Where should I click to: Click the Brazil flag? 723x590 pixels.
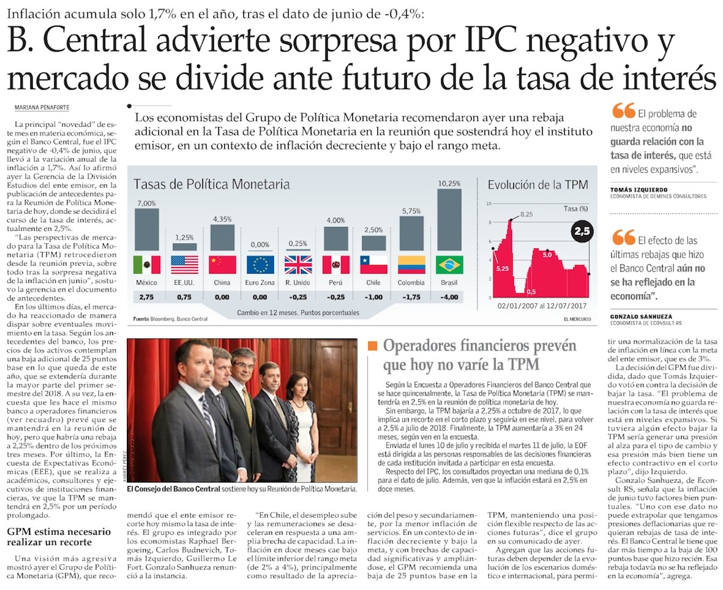pyautogui.click(x=450, y=264)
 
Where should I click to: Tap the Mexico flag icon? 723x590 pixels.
pyautogui.click(x=147, y=264)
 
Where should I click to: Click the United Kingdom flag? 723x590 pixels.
pyautogui.click(x=298, y=264)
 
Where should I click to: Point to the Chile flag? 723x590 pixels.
pyautogui.click(x=374, y=264)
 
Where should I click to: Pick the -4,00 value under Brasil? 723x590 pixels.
pyautogui.click(x=450, y=297)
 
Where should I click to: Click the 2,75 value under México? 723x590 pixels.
pyautogui.click(x=147, y=297)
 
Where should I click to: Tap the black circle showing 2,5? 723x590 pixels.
pyautogui.click(x=581, y=232)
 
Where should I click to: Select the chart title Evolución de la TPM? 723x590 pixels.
pyautogui.click(x=538, y=185)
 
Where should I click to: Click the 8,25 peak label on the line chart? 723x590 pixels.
pyautogui.click(x=526, y=214)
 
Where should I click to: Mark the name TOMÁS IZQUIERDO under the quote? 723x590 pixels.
pyautogui.click(x=638, y=189)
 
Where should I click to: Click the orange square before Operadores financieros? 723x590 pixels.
pyautogui.click(x=373, y=346)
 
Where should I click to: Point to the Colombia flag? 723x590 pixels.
pyautogui.click(x=411, y=264)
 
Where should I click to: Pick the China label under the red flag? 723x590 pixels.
pyautogui.click(x=222, y=282)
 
